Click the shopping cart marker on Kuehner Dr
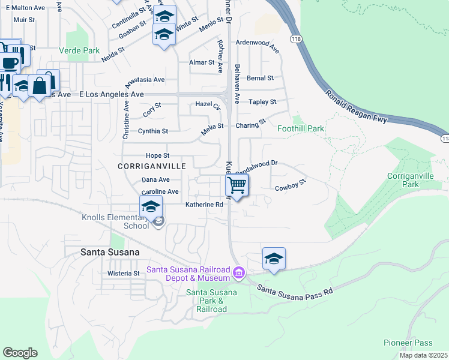click(237, 185)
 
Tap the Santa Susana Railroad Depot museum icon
click(239, 274)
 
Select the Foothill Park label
click(300, 128)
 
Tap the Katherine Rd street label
click(204, 205)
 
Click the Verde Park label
click(79, 51)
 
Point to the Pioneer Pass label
click(408, 343)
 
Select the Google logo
click(20, 352)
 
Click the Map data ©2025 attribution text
click(423, 355)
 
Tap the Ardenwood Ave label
click(258, 46)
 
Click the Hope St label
click(149, 155)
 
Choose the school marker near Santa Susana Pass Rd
click(274, 259)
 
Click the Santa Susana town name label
click(110, 253)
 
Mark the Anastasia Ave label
click(144, 79)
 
